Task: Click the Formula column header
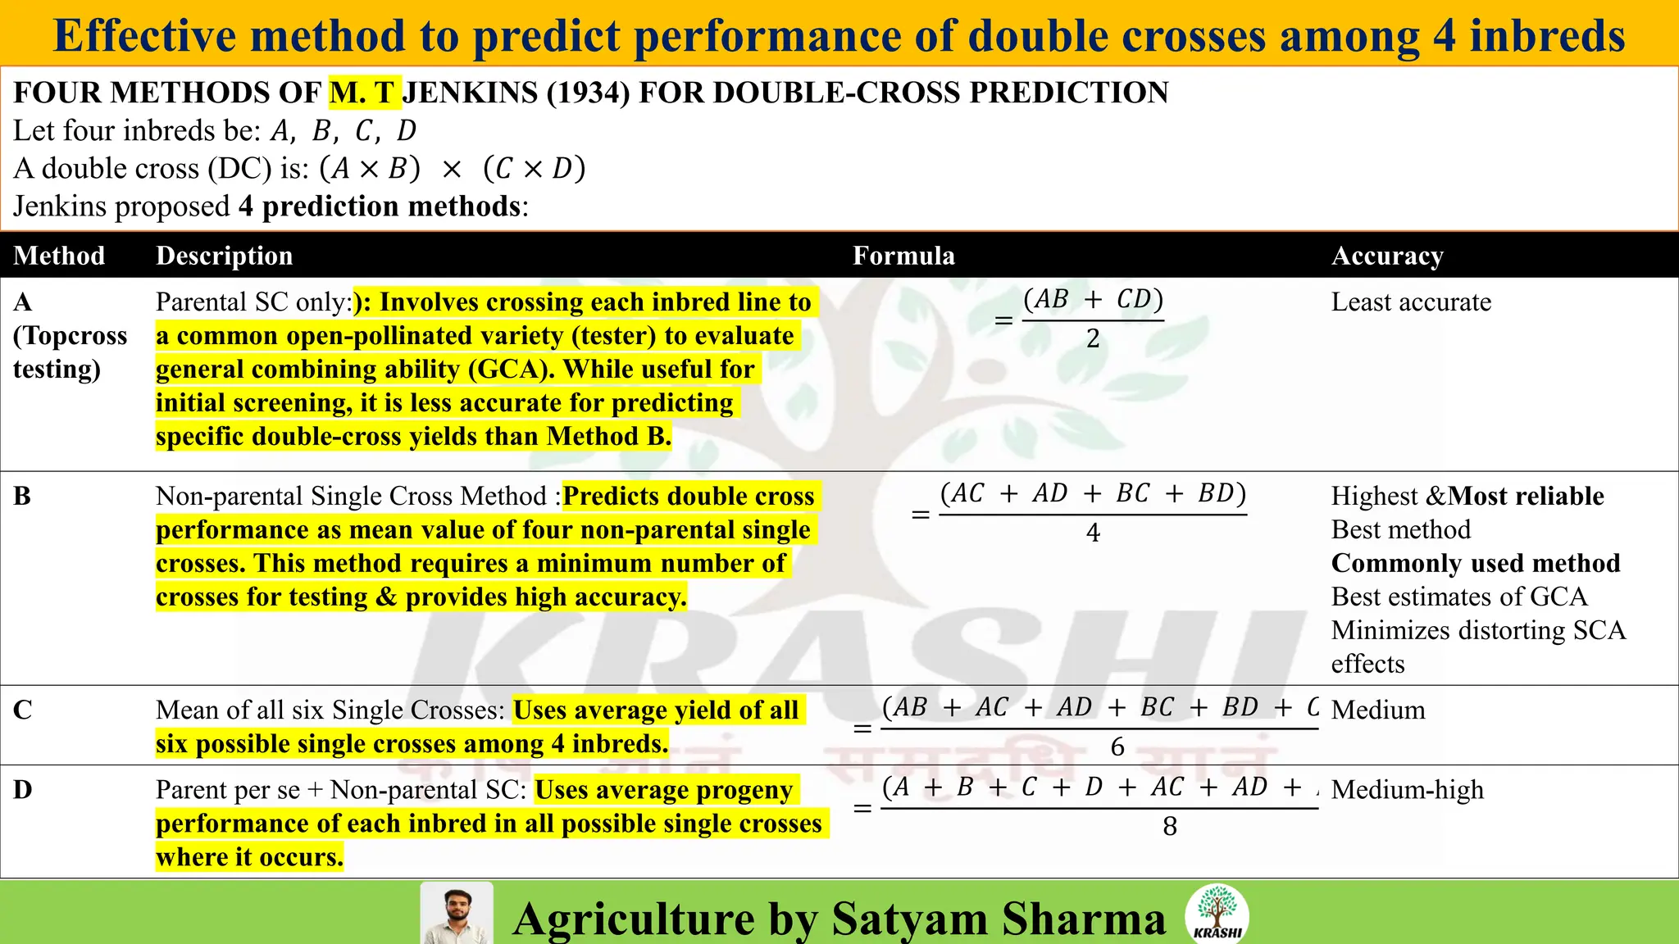tap(903, 256)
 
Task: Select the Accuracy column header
tap(1387, 256)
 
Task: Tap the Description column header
tap(224, 256)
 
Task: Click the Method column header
tap(59, 256)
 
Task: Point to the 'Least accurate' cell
tap(1411, 302)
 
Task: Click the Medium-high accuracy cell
tap(1407, 790)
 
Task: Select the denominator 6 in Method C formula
tap(1117, 747)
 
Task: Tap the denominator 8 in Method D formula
tap(1170, 827)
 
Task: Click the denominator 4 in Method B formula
tap(1093, 533)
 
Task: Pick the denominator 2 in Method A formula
tap(1093, 339)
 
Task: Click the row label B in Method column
tap(22, 497)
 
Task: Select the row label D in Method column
tap(22, 790)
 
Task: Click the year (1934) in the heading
tap(588, 93)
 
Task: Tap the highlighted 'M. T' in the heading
tap(364, 93)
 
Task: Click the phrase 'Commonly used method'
tap(1476, 564)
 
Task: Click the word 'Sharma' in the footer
tap(1083, 919)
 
